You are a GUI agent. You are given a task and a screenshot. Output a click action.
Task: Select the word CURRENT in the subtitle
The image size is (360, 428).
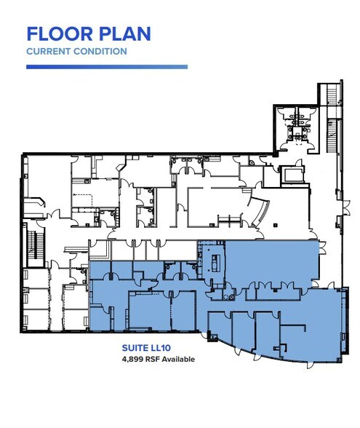(46, 52)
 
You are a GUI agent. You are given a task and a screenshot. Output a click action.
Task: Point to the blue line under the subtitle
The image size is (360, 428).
(106, 67)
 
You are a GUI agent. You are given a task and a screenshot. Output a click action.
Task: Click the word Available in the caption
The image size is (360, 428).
(178, 358)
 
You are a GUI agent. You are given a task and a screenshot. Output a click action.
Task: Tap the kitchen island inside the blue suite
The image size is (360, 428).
(215, 260)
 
